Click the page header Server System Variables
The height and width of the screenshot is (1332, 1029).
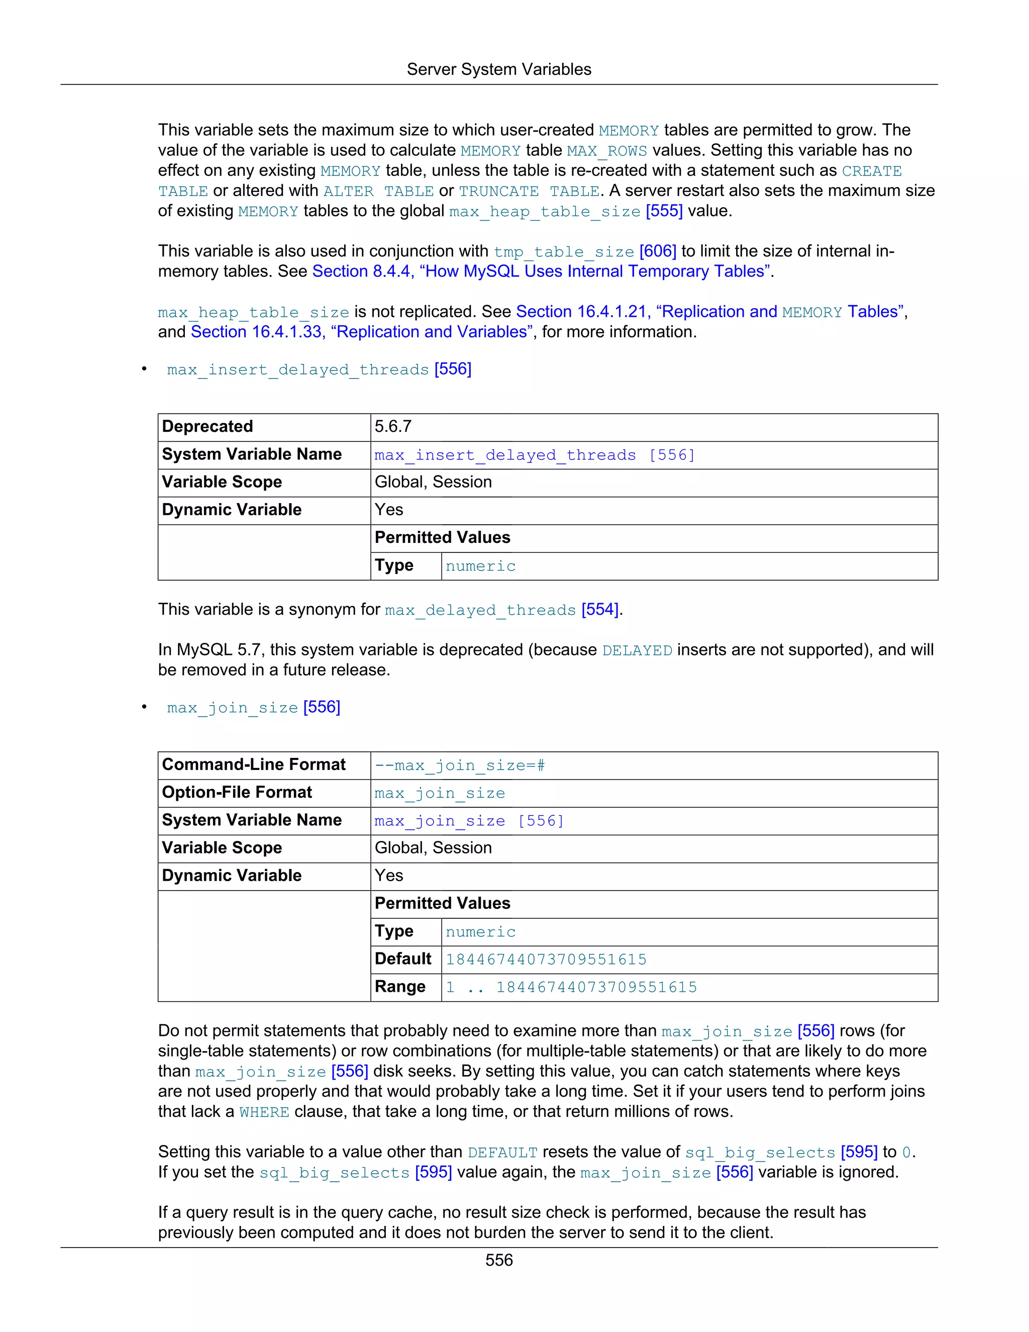click(498, 69)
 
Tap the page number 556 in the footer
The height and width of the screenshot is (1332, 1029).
click(498, 1260)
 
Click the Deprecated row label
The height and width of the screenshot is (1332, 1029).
click(208, 427)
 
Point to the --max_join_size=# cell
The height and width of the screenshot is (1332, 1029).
click(460, 766)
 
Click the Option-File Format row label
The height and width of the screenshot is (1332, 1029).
click(237, 793)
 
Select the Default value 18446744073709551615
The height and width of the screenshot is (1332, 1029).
click(546, 960)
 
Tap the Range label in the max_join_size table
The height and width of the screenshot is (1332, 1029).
click(400, 987)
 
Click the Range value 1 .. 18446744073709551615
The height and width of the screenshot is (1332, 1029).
click(571, 987)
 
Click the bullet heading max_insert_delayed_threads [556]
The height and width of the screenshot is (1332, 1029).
click(319, 369)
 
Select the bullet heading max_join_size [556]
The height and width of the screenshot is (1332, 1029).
click(254, 708)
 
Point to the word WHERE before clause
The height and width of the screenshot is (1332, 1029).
click(264, 1112)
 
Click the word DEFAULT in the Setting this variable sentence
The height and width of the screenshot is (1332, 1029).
click(502, 1153)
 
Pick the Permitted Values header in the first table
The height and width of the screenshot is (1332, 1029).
click(443, 538)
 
